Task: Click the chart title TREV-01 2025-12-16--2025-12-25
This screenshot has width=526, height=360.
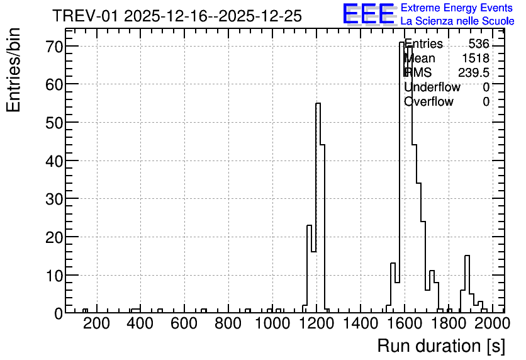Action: (x=177, y=16)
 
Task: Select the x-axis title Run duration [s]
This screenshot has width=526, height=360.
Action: (x=441, y=346)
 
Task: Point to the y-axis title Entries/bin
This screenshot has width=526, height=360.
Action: (x=14, y=70)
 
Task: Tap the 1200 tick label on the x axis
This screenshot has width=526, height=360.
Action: (x=316, y=323)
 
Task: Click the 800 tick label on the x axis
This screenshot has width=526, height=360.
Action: (x=228, y=323)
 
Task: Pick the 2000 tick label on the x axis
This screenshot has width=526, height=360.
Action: (x=492, y=323)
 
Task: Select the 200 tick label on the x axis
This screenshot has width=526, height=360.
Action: (x=96, y=323)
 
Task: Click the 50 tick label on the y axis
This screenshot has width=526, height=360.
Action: (x=54, y=123)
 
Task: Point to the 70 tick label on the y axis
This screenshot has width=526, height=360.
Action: (x=54, y=47)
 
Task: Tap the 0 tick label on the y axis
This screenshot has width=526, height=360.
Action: (x=59, y=313)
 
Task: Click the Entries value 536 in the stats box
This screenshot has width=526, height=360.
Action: (x=479, y=43)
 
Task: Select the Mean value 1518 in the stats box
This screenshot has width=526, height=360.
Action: (x=476, y=58)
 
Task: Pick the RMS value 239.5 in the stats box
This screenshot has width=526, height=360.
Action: (x=474, y=72)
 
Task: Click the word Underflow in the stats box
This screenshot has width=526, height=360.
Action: (x=432, y=87)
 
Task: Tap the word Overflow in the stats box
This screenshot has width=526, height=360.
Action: (x=428, y=101)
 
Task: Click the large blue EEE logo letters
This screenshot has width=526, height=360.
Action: (x=369, y=14)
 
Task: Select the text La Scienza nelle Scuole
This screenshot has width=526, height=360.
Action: (x=457, y=21)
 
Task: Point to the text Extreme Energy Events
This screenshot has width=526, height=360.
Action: (x=457, y=8)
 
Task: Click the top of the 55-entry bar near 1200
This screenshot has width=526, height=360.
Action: (x=318, y=103)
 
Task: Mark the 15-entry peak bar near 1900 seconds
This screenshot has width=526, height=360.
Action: (x=467, y=284)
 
